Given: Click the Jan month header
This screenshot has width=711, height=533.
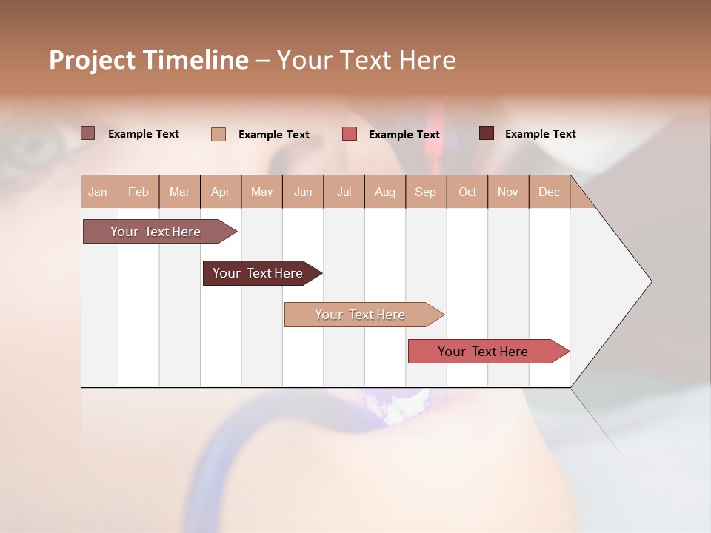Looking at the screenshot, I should click(99, 192).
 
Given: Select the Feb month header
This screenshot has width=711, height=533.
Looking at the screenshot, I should click(138, 192).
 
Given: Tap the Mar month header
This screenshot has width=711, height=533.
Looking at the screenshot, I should click(179, 192).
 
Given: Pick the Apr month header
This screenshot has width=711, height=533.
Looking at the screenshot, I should click(221, 192).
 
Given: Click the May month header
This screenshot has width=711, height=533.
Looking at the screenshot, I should click(261, 192).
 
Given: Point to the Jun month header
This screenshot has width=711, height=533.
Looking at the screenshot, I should click(303, 192).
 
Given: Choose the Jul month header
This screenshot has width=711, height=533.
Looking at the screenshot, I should click(344, 192).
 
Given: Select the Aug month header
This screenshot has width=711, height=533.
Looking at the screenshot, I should click(385, 192).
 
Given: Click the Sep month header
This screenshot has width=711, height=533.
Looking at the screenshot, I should click(426, 192).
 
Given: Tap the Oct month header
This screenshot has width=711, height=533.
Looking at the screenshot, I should click(467, 192).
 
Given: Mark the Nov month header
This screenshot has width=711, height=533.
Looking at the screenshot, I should click(508, 192).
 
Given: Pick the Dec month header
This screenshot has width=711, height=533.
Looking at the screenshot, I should click(550, 192).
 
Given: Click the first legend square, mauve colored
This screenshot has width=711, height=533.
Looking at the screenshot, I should click(87, 133).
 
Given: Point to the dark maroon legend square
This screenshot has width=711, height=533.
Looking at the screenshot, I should click(486, 133).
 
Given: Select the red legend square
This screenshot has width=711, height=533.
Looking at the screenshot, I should click(350, 134).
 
